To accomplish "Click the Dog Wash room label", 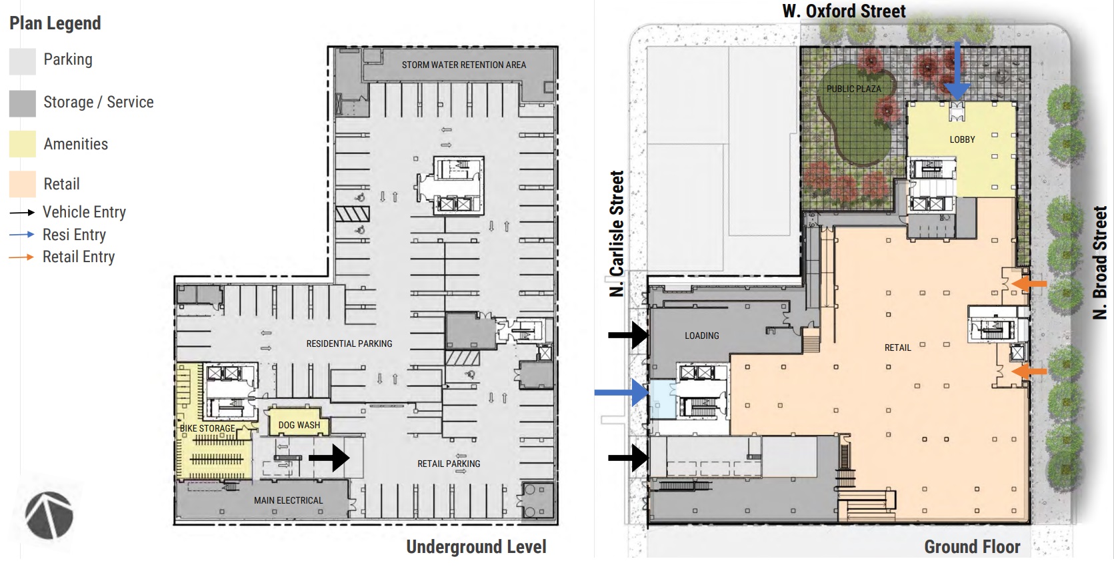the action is pyautogui.click(x=299, y=426).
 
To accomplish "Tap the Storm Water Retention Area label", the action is pyautogui.click(x=463, y=65).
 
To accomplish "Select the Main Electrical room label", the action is pyautogui.click(x=289, y=500).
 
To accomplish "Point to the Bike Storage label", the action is pyautogui.click(x=207, y=428).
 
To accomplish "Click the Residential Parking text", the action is pyautogui.click(x=349, y=344).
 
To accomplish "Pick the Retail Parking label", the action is pyautogui.click(x=449, y=464).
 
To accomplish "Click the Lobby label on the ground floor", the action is pyautogui.click(x=962, y=140).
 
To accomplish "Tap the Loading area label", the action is pyautogui.click(x=702, y=336).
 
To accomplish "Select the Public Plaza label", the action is pyautogui.click(x=854, y=89).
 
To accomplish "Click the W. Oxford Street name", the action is pyautogui.click(x=844, y=11).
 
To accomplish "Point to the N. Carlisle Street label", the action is pyautogui.click(x=617, y=233).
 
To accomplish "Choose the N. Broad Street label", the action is pyautogui.click(x=1100, y=263).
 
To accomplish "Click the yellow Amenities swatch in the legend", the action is pyautogui.click(x=23, y=143).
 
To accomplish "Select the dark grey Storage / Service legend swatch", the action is pyautogui.click(x=23, y=103).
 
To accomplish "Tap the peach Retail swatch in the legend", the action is pyautogui.click(x=23, y=184).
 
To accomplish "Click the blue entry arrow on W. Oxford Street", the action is pyautogui.click(x=957, y=69).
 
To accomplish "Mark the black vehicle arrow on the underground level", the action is pyautogui.click(x=329, y=458).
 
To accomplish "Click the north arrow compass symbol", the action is pyautogui.click(x=49, y=516).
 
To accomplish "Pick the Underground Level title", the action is pyautogui.click(x=477, y=546).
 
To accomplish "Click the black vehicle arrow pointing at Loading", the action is pyautogui.click(x=628, y=335).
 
